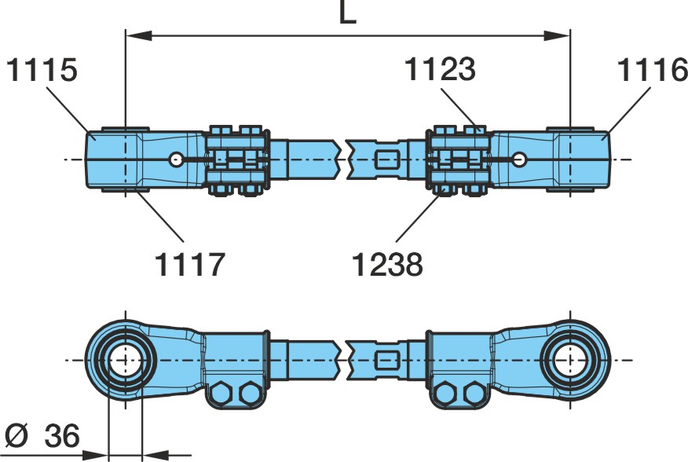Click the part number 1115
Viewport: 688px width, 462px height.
(x=42, y=70)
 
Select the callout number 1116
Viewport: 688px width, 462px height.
(x=653, y=70)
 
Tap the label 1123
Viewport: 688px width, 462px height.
(x=440, y=69)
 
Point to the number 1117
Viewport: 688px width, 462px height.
(x=190, y=264)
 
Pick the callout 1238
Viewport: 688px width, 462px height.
(x=387, y=264)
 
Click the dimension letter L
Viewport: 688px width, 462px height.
(x=347, y=13)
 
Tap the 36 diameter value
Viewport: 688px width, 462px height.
(x=62, y=435)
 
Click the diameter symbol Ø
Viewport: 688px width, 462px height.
(x=17, y=435)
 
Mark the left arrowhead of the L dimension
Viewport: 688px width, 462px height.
(x=139, y=36)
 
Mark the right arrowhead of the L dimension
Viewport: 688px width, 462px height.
(x=558, y=36)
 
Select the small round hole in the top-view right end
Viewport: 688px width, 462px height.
(x=519, y=159)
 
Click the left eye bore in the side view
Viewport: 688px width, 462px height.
(x=126, y=360)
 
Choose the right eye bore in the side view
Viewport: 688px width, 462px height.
(x=570, y=360)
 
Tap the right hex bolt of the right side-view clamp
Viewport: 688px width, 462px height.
(x=476, y=393)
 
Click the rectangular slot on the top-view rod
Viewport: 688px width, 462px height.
(x=387, y=159)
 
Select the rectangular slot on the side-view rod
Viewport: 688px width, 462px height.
(x=387, y=360)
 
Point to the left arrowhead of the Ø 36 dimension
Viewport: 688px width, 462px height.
(x=95, y=455)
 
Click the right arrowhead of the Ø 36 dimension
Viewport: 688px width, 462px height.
(x=156, y=455)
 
